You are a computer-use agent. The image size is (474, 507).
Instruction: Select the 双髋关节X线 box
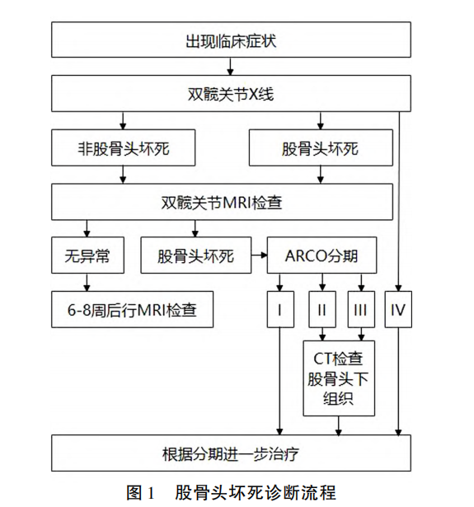tap(231, 93)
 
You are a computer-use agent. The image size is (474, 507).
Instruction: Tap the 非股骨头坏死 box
tap(124, 149)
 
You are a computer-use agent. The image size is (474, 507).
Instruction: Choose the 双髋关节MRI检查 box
tap(223, 201)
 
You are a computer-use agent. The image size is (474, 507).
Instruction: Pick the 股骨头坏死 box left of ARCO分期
tap(196, 256)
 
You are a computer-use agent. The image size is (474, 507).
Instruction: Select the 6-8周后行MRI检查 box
tap(132, 311)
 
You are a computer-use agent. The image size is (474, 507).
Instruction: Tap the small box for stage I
tap(281, 311)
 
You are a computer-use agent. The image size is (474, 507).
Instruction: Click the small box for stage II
tap(321, 311)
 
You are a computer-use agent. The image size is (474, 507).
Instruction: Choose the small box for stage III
tap(359, 311)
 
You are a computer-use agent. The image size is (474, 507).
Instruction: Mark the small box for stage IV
tap(399, 311)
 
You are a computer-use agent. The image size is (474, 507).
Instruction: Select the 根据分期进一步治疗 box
tap(231, 454)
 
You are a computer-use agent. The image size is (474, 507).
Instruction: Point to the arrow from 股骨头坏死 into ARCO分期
tap(260, 256)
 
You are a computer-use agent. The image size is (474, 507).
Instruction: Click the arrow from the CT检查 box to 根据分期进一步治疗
tap(339, 425)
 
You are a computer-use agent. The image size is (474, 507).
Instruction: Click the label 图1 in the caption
tap(141, 493)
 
